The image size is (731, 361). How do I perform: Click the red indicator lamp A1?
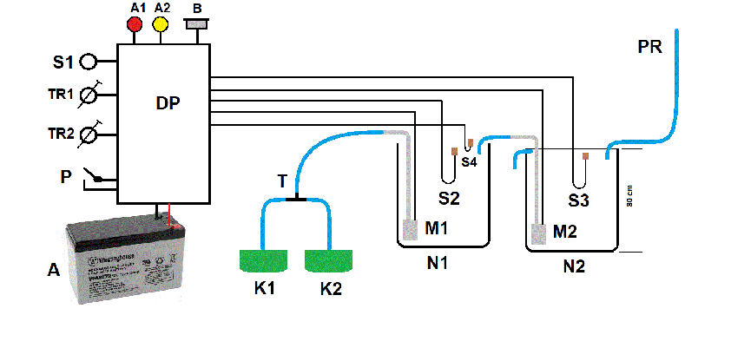pos(135,24)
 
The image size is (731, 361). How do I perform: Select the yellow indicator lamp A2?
pos(161,24)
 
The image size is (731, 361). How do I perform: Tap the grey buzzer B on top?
pos(197,23)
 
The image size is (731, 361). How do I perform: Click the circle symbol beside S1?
pos(89,62)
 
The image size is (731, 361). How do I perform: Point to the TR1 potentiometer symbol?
pos(89,94)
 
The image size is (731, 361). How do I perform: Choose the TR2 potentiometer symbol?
pos(89,135)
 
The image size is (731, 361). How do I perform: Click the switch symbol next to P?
pos(95,177)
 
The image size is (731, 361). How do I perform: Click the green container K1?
pos(263,259)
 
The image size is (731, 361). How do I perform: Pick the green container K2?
pos(328,259)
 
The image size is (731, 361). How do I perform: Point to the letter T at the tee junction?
pos(282,180)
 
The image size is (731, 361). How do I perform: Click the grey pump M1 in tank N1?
pos(411,229)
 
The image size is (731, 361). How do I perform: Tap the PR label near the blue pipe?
pos(649,47)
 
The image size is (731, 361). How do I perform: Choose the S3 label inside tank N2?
pos(579,201)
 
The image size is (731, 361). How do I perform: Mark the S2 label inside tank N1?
pos(449,198)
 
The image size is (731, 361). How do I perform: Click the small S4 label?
pos(469,161)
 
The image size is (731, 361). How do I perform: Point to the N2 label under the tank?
pos(573,266)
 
